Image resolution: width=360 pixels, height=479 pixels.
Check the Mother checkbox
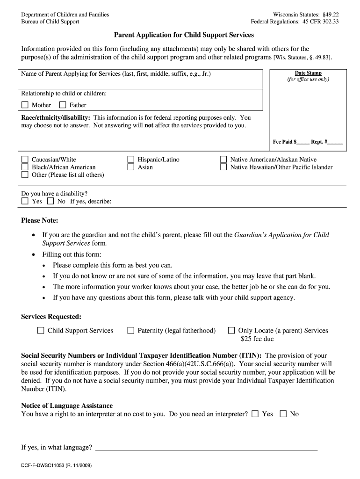point(25,105)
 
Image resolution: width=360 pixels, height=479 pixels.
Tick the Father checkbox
point(62,105)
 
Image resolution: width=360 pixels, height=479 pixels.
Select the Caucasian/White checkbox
point(25,160)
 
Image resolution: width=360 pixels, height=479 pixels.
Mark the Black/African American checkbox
point(25,167)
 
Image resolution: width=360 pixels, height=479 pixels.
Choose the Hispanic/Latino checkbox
point(131,160)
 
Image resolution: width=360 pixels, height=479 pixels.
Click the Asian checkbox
point(131,167)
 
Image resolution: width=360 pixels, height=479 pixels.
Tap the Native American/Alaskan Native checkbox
point(223,160)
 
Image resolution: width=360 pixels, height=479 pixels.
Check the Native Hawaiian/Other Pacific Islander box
point(223,167)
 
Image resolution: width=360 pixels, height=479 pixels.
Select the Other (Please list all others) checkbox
point(25,174)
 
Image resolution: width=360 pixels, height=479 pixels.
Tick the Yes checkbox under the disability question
point(25,201)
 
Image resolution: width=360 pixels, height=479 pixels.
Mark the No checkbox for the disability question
point(50,201)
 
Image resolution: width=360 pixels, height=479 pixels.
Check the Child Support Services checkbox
point(41,330)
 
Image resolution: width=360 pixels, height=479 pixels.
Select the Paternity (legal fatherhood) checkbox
point(131,330)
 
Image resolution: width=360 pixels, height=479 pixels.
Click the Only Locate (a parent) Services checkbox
point(231,330)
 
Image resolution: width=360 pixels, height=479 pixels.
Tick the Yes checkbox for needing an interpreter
point(255,414)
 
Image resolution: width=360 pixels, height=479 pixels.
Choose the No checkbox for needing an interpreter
point(283,414)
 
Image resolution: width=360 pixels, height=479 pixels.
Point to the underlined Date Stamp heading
point(308,73)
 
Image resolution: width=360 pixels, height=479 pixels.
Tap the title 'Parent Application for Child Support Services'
point(184,35)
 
